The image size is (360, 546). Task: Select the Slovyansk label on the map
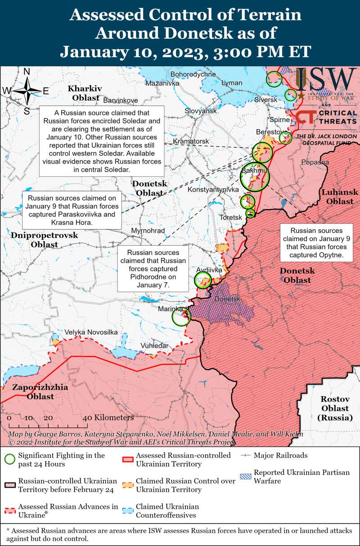tap(201, 111)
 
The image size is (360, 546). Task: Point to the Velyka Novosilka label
tap(91, 332)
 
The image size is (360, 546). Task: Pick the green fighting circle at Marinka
tap(182, 316)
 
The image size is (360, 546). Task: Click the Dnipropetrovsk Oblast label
tap(44, 240)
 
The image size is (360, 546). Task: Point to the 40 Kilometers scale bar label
tap(108, 417)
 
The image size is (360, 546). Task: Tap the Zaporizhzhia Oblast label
tap(40, 391)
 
